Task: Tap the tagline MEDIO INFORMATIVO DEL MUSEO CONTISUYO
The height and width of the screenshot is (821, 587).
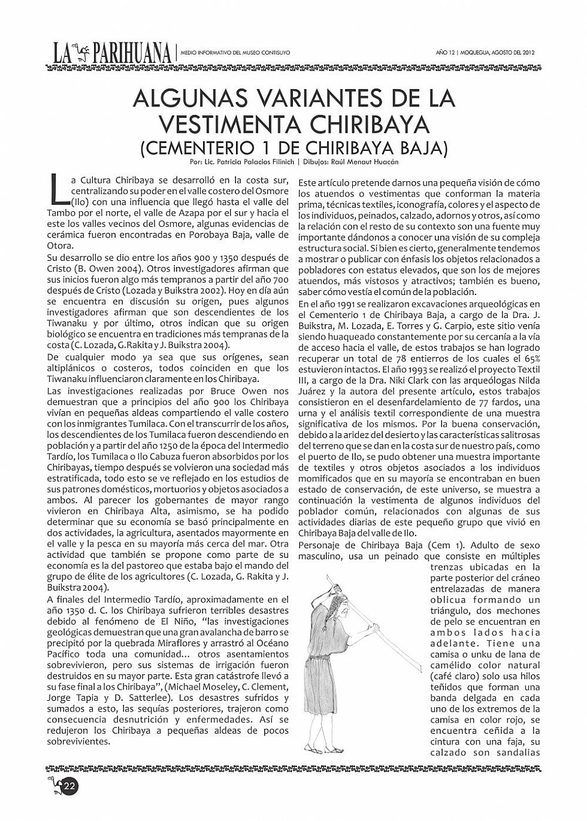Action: [x=235, y=53]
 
